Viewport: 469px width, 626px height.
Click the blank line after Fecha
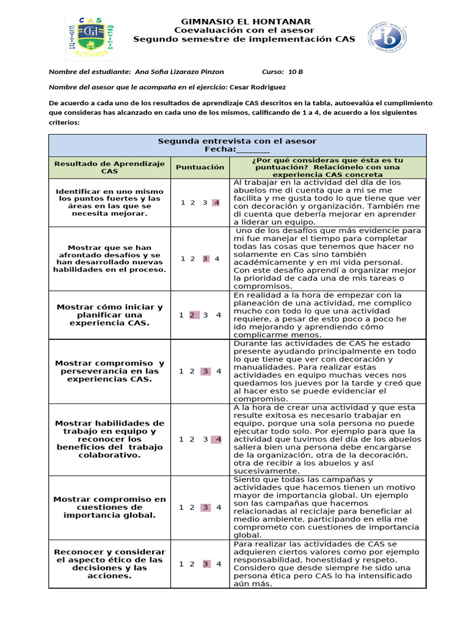[x=253, y=149]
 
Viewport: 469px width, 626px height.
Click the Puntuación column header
[x=200, y=167]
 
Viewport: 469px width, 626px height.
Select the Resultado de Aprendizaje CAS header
[x=110, y=167]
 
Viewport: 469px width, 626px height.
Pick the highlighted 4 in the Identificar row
[x=216, y=202]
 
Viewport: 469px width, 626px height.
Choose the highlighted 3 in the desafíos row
[x=205, y=259]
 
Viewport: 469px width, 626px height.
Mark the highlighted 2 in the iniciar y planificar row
[x=192, y=315]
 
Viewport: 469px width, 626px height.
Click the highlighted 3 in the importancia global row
[x=205, y=507]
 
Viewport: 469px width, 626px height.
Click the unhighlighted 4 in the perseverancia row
[x=218, y=371]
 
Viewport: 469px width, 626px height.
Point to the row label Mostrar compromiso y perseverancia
[x=110, y=371]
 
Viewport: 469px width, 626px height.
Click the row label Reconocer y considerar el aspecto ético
[x=110, y=564]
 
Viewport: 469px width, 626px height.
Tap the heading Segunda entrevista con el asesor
[x=238, y=141]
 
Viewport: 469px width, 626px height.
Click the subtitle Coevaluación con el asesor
[x=244, y=30]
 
